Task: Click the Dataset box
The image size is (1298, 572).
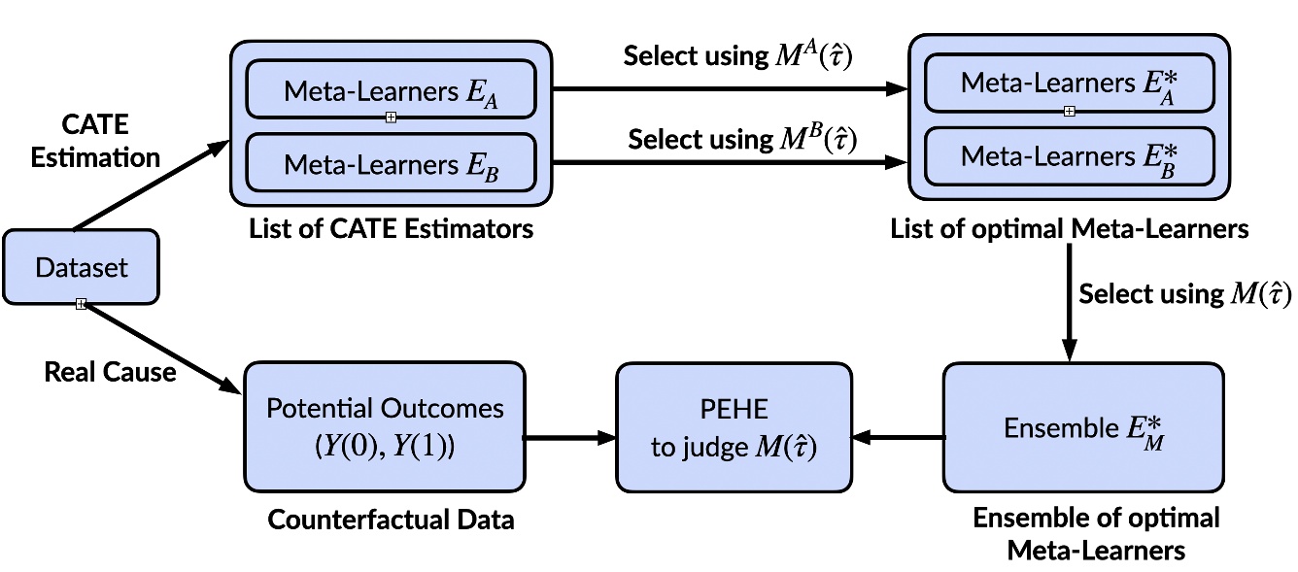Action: click(x=81, y=267)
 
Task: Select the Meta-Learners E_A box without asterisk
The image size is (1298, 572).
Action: click(x=391, y=90)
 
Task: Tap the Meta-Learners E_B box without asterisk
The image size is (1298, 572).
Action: click(x=391, y=162)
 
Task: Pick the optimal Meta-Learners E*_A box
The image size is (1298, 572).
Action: click(x=1069, y=84)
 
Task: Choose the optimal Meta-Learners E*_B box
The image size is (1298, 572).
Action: click(x=1069, y=155)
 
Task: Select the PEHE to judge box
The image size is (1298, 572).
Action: click(x=734, y=427)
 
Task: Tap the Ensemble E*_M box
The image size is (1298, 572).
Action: click(x=1081, y=427)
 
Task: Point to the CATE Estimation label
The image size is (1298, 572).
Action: click(x=95, y=141)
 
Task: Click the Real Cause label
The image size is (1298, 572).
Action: click(x=110, y=372)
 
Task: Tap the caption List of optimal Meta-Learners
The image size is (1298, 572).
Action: click(x=1069, y=231)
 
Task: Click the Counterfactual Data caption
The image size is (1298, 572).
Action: click(x=391, y=521)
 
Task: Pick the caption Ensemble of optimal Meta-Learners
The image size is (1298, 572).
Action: click(x=1096, y=533)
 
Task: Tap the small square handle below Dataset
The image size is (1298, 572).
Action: click(x=81, y=304)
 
